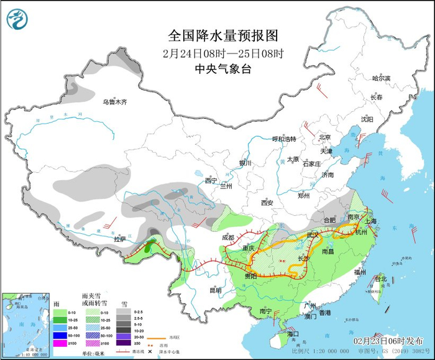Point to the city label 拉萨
(119, 239)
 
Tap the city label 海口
(293, 334)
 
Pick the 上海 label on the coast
(372, 221)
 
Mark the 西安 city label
(267, 203)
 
